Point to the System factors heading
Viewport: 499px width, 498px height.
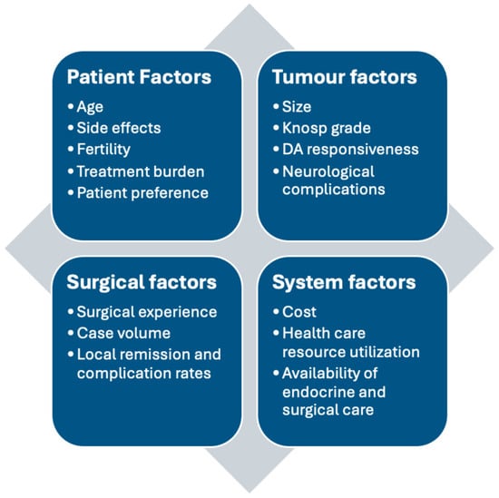point(345,282)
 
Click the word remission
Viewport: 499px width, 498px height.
point(156,354)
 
